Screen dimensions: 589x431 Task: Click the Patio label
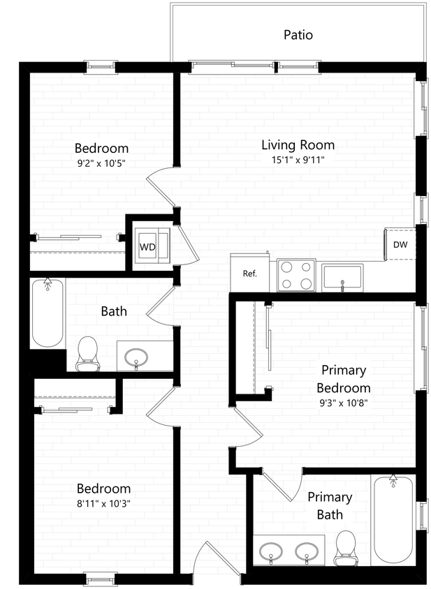pyautogui.click(x=298, y=34)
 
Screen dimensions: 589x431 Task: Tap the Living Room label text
pyautogui.click(x=298, y=145)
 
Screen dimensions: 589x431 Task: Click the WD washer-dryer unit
pyautogui.click(x=148, y=246)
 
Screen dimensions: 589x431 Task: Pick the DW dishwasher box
pyautogui.click(x=400, y=244)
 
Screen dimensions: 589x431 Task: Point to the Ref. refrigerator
pyautogui.click(x=250, y=273)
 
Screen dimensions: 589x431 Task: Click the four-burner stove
pyautogui.click(x=298, y=275)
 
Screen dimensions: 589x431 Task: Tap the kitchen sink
pyautogui.click(x=342, y=276)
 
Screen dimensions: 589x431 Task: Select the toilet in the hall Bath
pyautogui.click(x=87, y=352)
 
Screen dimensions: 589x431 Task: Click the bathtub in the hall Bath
pyautogui.click(x=48, y=313)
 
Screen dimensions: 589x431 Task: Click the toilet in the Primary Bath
pyautogui.click(x=346, y=548)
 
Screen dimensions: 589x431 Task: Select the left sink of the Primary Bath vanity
pyautogui.click(x=271, y=553)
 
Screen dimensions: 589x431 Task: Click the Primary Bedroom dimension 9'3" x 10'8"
pyautogui.click(x=344, y=401)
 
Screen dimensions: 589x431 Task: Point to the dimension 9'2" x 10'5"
pyautogui.click(x=101, y=163)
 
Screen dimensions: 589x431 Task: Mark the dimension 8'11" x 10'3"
pyautogui.click(x=103, y=503)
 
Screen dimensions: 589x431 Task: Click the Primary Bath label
pyautogui.click(x=330, y=506)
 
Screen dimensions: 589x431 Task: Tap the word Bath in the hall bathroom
pyautogui.click(x=114, y=311)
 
